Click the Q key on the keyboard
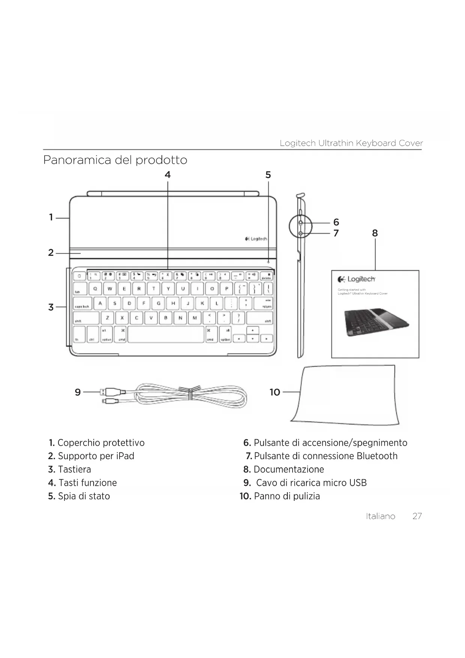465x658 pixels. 95,289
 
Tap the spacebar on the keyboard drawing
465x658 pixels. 166,334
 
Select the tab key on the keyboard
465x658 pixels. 80,289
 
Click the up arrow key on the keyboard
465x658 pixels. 253,330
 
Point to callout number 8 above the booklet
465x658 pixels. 375,233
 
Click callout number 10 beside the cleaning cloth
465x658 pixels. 275,392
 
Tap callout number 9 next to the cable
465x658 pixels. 78,392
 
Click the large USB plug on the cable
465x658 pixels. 111,392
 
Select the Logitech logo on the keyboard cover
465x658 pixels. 256,239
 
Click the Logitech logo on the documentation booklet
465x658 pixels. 357,279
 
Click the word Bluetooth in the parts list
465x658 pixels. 377,456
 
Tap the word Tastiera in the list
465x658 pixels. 74,470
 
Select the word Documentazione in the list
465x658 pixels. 289,470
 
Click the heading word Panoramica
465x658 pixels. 77,160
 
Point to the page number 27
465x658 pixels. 417,516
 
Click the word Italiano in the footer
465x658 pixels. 380,516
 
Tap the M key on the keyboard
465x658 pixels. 194,318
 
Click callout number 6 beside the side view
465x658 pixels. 336,222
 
